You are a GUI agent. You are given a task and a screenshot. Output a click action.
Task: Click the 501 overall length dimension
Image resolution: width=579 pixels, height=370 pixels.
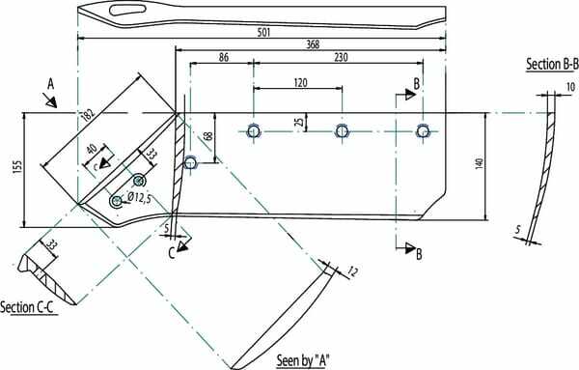click(264, 32)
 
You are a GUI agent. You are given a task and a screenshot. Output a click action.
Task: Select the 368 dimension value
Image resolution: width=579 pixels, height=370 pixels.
click(313, 44)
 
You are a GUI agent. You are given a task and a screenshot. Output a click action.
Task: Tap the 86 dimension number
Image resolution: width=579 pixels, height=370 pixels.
click(224, 57)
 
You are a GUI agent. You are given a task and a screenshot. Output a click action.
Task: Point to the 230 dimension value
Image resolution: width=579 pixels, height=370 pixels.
click(341, 57)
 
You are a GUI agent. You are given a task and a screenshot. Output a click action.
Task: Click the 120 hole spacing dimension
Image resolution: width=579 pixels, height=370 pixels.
click(300, 82)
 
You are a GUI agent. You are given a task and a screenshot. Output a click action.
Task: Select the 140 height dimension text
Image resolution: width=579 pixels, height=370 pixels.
click(480, 163)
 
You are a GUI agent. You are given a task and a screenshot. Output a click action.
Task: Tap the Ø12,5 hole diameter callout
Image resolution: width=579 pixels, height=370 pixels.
click(139, 198)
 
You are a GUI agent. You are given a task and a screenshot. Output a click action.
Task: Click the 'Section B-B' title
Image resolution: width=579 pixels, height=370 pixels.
click(552, 64)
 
